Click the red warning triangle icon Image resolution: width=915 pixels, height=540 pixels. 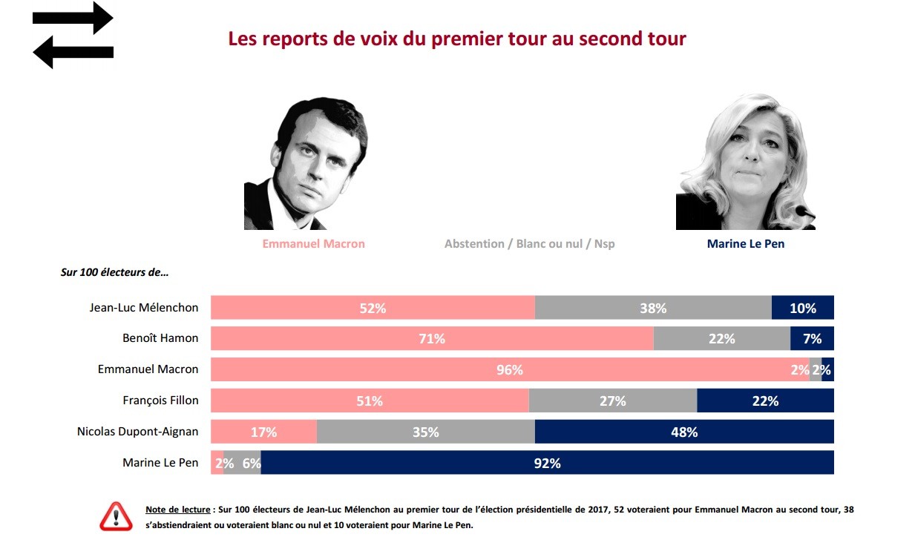(115, 516)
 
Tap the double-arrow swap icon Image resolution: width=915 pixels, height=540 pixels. (73, 35)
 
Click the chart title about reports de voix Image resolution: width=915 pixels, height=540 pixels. (456, 39)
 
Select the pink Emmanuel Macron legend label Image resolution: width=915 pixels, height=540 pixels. (313, 243)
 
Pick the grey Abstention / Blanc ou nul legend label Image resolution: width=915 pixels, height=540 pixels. (529, 243)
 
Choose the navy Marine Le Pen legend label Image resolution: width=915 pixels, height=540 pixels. (745, 243)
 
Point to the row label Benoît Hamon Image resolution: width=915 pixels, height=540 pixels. (160, 338)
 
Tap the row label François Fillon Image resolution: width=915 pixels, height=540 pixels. (160, 401)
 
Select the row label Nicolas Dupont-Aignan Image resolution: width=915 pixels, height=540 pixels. (138, 431)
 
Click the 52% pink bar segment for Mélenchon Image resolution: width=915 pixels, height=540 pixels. (373, 308)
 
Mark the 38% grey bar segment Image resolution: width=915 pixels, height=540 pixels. (653, 308)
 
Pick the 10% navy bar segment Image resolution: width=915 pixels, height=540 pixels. (802, 308)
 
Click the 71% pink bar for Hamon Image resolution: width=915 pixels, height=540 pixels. (432, 339)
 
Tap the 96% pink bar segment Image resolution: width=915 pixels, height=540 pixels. (509, 369)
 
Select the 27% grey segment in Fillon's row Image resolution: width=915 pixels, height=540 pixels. (612, 401)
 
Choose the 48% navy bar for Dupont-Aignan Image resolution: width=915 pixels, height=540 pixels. (683, 432)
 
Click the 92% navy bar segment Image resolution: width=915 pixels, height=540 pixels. (547, 463)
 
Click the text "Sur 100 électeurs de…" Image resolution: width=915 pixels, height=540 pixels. (114, 272)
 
